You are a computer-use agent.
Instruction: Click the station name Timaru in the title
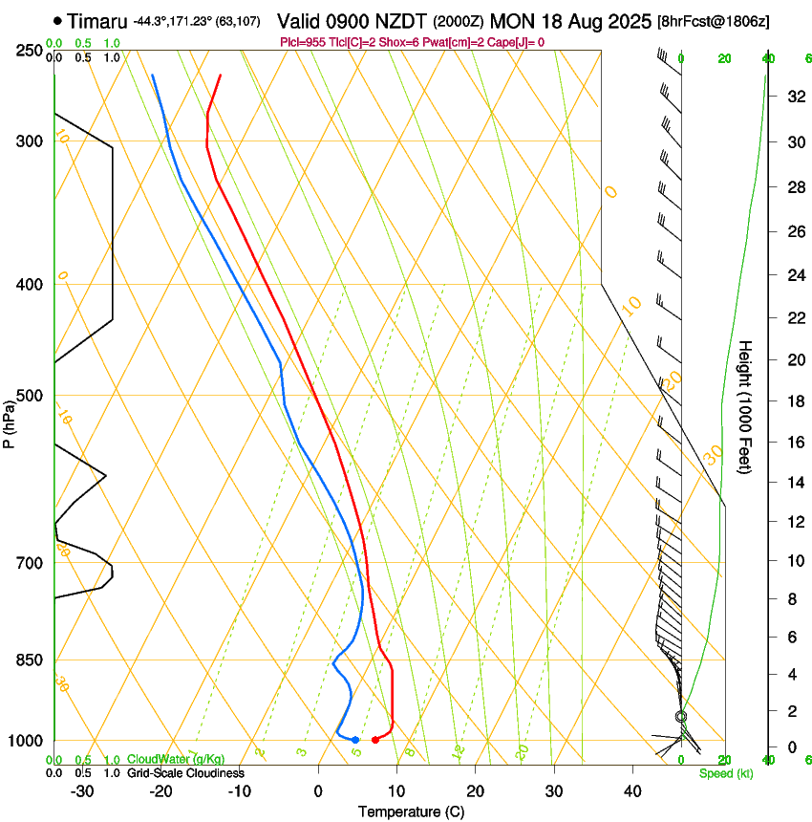98,20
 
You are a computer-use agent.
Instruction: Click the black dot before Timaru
58,20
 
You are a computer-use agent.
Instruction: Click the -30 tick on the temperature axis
82,790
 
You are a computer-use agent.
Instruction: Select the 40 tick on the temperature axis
631,790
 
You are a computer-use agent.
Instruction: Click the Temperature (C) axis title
411,811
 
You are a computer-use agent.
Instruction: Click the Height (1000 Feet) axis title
746,406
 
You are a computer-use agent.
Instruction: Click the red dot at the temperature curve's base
374,740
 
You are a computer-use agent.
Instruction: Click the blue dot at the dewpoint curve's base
354,740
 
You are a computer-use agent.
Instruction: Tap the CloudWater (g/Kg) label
169,760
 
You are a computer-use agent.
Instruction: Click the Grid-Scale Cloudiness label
185,773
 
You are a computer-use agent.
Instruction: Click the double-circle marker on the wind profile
681,716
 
